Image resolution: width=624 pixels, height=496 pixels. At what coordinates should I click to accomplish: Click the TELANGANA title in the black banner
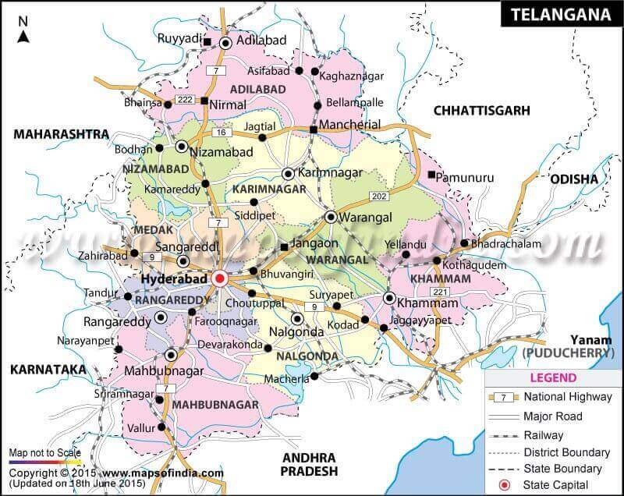pos(559,14)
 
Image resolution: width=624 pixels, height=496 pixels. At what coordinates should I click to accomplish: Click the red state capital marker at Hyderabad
pos(220,278)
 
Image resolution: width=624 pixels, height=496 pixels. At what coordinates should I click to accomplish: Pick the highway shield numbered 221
pos(440,292)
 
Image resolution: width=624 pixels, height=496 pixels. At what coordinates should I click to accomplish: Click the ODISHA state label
pos(573,179)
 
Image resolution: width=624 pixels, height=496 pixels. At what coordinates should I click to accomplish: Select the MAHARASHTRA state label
pos(61,134)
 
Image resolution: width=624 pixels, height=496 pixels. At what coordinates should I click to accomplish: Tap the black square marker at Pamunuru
pos(431,175)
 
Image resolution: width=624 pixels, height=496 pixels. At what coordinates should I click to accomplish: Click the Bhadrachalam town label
pos(505,243)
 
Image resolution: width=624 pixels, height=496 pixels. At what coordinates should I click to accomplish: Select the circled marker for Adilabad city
pos(226,44)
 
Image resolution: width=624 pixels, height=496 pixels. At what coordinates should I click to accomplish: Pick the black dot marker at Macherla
pos(314,376)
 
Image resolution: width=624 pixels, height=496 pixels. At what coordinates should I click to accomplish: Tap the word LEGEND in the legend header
pos(555,377)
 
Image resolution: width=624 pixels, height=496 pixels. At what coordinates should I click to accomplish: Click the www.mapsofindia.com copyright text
pos(162,473)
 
